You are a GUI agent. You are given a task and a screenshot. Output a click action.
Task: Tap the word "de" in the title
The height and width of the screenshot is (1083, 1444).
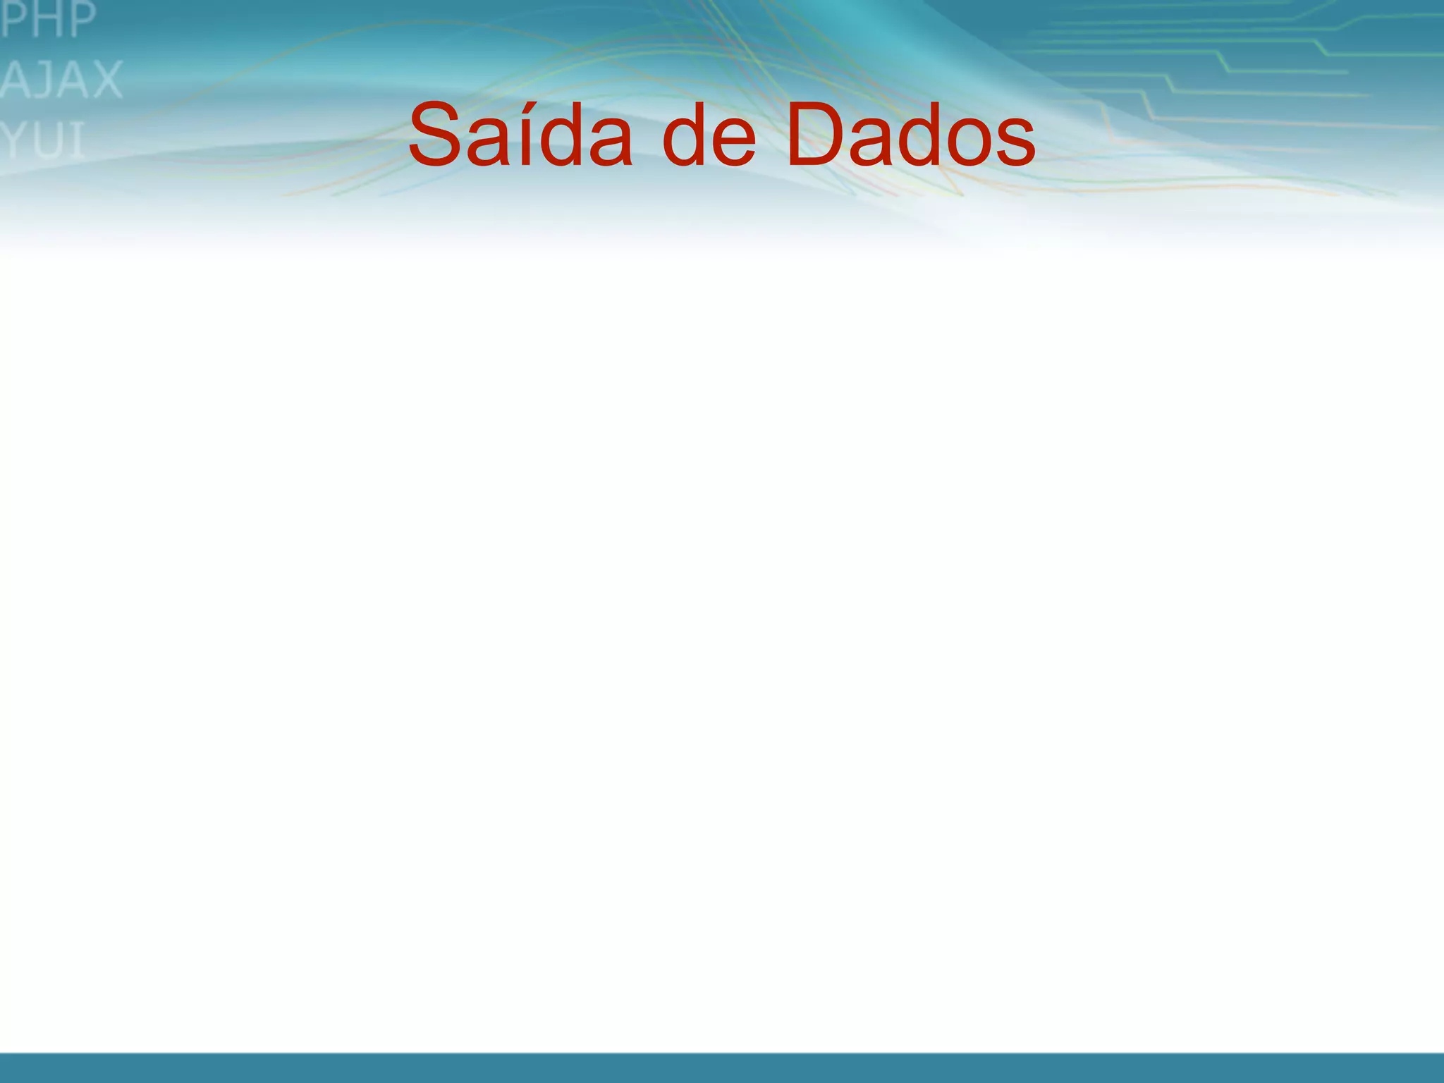pos(709,135)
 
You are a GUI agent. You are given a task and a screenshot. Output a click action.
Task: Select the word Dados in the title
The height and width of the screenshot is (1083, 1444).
pos(910,135)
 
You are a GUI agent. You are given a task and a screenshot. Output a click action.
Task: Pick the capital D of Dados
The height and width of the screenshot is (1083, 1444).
pos(818,135)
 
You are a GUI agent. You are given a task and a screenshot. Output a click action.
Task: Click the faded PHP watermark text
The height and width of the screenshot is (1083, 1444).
pos(48,20)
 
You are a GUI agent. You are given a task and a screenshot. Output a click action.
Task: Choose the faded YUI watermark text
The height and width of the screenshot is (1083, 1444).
pos(42,140)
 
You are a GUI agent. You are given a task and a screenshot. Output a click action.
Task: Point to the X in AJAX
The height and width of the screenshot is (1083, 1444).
pos(105,80)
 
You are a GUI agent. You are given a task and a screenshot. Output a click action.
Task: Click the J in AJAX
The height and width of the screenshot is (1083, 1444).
pos(44,80)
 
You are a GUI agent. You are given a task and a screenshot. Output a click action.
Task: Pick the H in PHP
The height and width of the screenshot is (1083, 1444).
pos(48,20)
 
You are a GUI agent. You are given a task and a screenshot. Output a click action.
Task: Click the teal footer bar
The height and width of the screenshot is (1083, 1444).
pos(722,1067)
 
